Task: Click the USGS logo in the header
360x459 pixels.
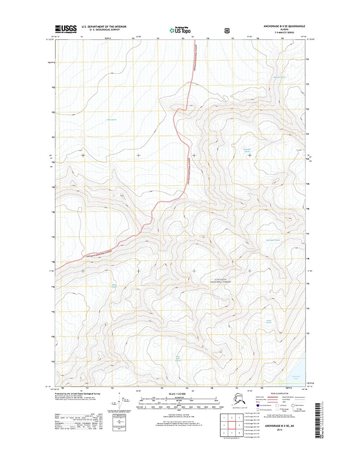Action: coord(66,29)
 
